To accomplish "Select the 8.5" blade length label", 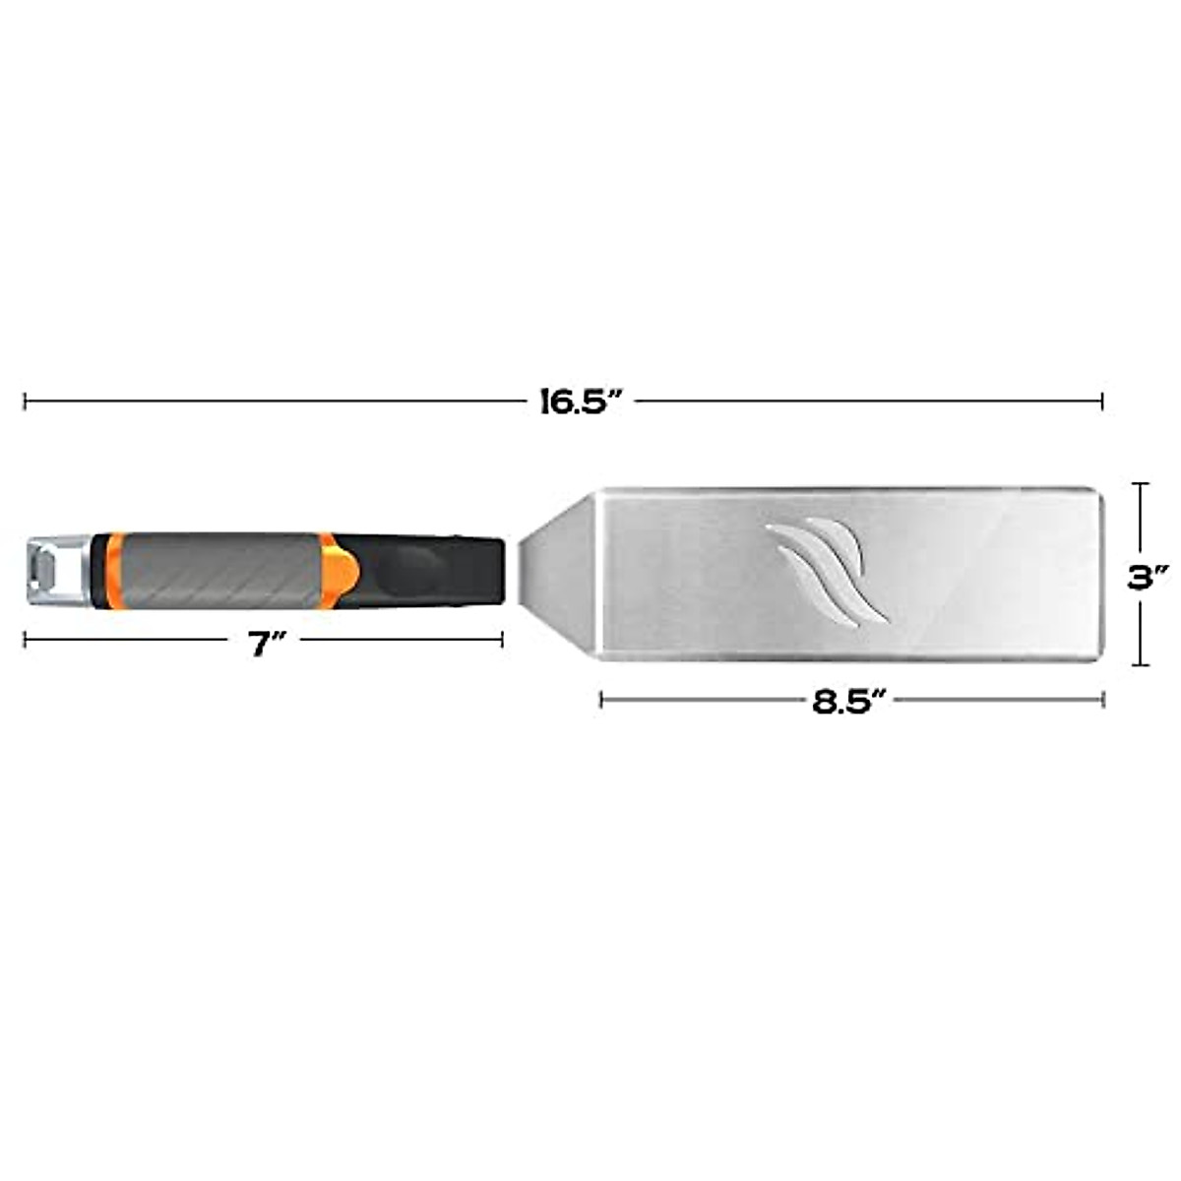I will tap(850, 701).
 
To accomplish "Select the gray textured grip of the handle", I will tap(218, 569).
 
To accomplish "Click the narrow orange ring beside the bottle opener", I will tap(105, 570).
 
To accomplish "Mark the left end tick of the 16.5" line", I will tap(25, 401).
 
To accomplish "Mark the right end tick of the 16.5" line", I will tap(1102, 401).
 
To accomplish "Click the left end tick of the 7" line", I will tap(25, 640).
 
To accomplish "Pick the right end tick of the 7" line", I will tap(503, 640).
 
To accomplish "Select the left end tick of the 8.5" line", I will tap(601, 700).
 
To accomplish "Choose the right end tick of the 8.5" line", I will tap(1103, 700).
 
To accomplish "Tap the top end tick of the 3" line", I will tap(1141, 483).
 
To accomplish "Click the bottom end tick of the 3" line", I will tap(1141, 665).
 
